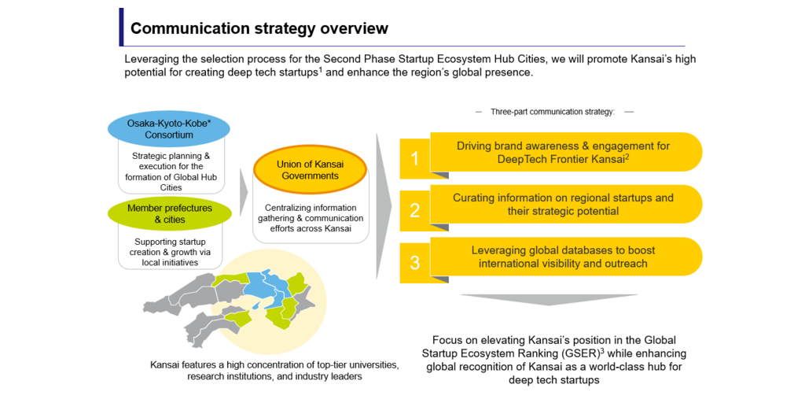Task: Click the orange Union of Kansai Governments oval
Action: (x=310, y=170)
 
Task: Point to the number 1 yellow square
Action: (x=415, y=160)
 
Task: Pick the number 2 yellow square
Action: (x=415, y=211)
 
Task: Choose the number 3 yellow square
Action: (x=415, y=263)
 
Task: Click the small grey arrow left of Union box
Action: (x=244, y=193)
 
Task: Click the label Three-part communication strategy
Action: (x=553, y=112)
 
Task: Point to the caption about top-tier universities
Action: (x=274, y=371)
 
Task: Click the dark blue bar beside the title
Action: (x=121, y=27)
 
